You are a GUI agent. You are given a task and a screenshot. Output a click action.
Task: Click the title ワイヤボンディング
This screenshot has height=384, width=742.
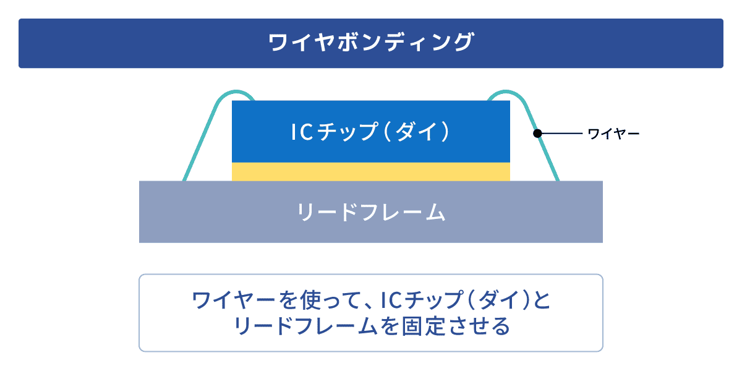point(371,43)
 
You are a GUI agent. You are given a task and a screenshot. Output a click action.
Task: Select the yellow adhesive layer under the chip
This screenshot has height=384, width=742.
point(371,172)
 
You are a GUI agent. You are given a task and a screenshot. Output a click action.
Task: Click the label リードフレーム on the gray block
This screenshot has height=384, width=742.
point(371,212)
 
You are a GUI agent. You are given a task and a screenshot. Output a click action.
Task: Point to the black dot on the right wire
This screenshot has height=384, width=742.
point(537,133)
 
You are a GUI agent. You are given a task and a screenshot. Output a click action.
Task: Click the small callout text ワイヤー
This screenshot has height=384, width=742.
point(613,134)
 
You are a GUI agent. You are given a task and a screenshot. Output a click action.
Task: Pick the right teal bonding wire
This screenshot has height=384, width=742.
point(544,148)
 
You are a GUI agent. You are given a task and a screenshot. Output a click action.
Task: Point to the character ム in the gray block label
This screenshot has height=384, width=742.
point(435,212)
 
